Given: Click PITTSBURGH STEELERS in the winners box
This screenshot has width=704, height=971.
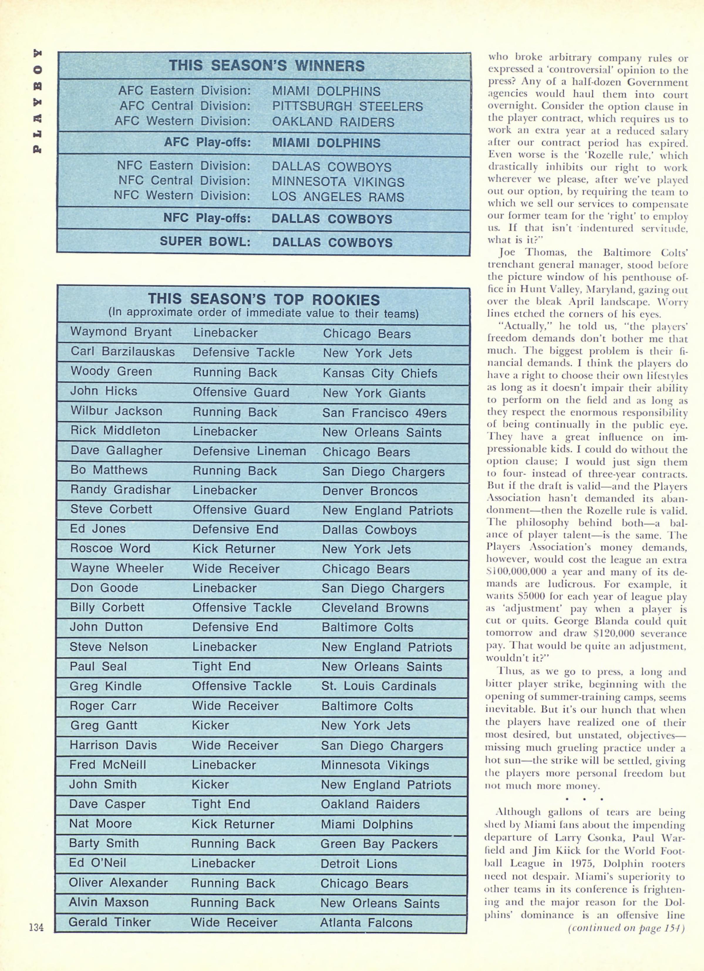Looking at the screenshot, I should tap(347, 106).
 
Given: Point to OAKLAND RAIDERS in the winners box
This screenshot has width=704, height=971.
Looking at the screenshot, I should tap(333, 122).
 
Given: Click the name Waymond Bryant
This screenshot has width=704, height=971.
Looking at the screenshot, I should tap(121, 332).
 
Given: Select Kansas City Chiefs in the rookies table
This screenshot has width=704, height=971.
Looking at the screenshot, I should tap(380, 373).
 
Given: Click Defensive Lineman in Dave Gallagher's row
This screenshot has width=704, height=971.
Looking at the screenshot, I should tap(249, 451).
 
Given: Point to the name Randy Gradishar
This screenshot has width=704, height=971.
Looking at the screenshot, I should tap(120, 490).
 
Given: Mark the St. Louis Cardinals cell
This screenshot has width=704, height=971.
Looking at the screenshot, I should tap(378, 686).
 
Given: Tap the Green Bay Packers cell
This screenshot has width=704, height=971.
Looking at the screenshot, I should tap(379, 844).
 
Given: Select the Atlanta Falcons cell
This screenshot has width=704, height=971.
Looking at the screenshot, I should tap(366, 922).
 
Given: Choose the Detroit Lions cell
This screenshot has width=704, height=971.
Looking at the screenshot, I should tap(359, 864).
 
